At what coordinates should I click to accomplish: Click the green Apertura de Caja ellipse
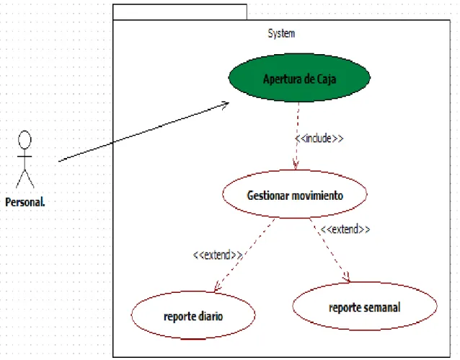[x=299, y=78]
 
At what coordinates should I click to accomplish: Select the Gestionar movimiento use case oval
[x=295, y=194]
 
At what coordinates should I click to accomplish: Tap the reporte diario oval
[x=193, y=315]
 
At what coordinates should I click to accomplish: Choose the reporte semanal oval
[x=365, y=307]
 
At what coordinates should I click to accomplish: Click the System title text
[x=281, y=33]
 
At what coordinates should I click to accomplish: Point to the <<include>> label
[x=319, y=139]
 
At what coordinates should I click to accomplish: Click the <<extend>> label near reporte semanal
[x=345, y=229]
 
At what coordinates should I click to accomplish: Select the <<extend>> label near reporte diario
[x=218, y=255]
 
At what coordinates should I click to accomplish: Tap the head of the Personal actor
[x=25, y=140]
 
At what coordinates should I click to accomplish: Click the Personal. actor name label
[x=25, y=202]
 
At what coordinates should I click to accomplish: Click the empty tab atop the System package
[x=180, y=12]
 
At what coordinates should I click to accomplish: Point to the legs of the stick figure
[x=25, y=178]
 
